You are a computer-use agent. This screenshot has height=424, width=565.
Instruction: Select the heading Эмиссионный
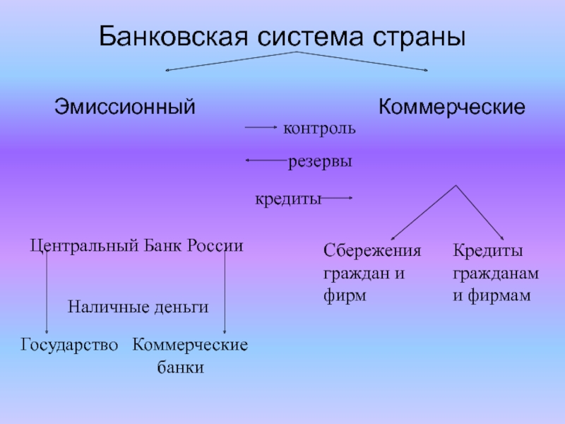(x=124, y=107)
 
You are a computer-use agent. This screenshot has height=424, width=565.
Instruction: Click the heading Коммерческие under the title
(x=452, y=107)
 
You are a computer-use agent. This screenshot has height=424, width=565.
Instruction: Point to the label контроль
(x=319, y=129)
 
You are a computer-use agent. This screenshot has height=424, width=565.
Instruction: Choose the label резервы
(x=320, y=162)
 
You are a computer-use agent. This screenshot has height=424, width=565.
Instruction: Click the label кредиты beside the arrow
(x=287, y=199)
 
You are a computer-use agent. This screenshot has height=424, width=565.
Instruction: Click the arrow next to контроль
(x=261, y=128)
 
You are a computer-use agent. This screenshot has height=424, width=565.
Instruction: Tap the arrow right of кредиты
(x=338, y=199)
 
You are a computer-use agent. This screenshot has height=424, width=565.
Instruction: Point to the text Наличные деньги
(x=138, y=307)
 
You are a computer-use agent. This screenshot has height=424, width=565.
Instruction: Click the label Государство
(x=69, y=346)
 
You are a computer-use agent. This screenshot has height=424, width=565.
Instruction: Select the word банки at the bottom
(x=180, y=367)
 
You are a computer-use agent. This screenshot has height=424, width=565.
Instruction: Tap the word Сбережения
(x=372, y=252)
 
